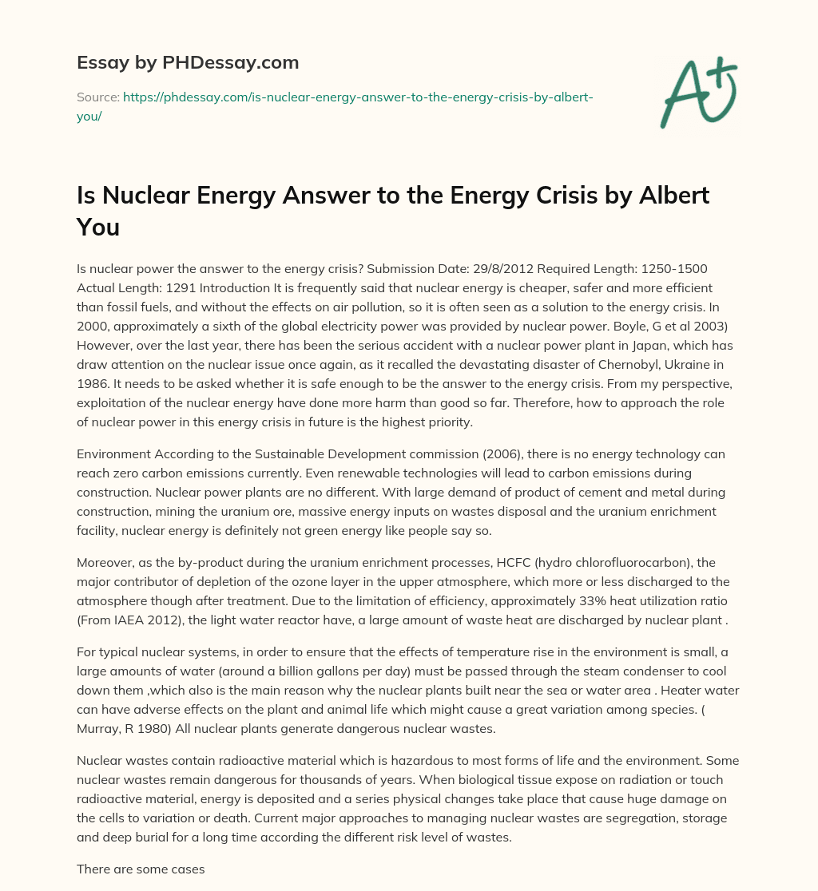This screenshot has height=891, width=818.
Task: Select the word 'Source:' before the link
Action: (97, 97)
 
